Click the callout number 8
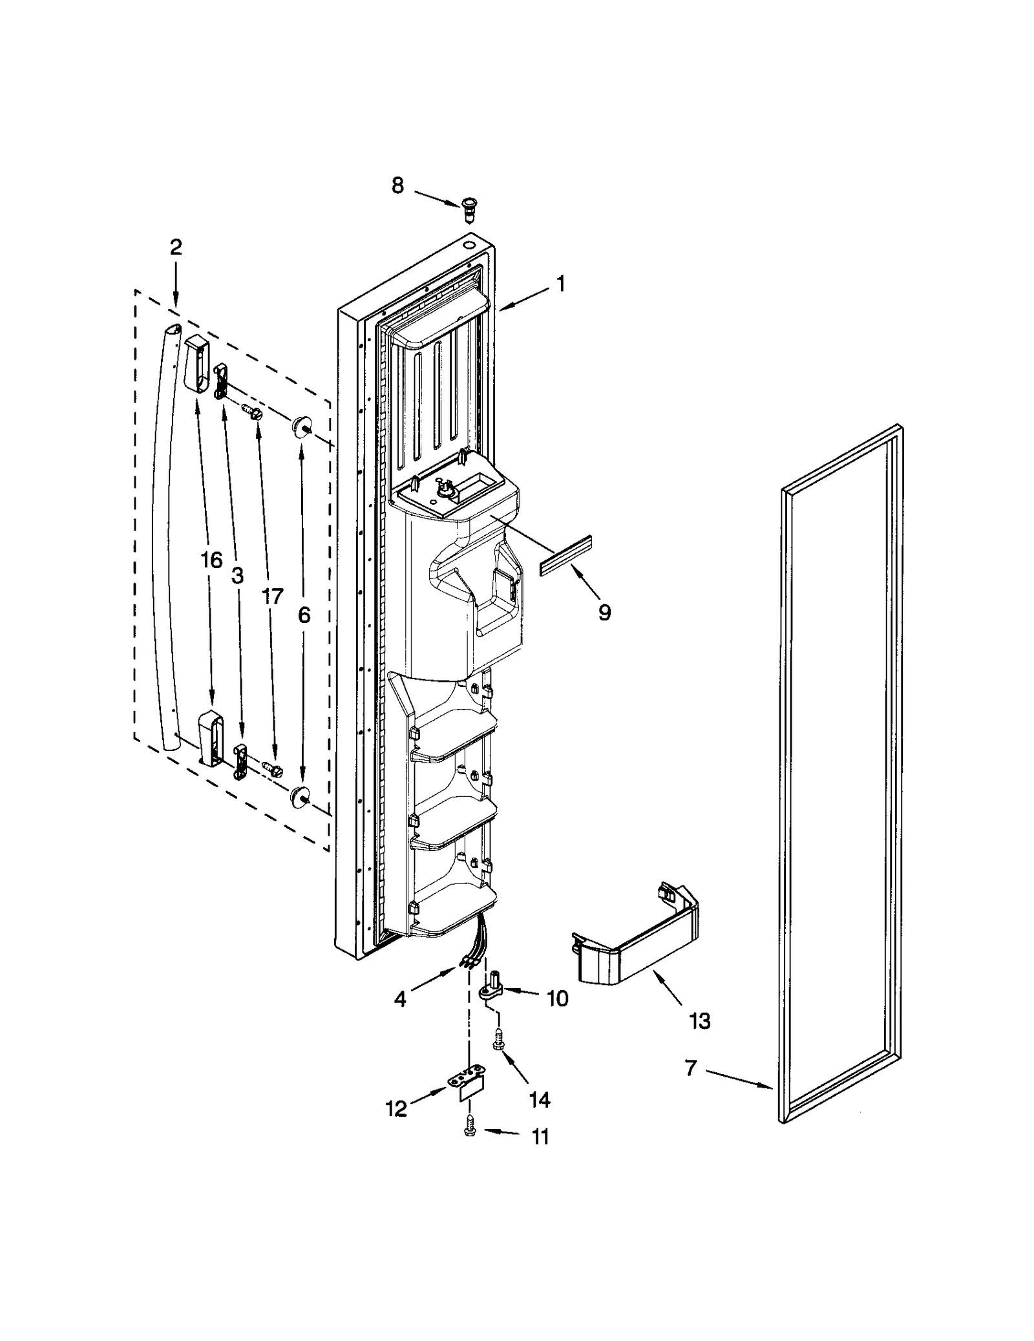click(397, 185)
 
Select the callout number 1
click(561, 284)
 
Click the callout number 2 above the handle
click(176, 247)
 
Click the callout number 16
click(211, 560)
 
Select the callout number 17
click(272, 596)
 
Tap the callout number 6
click(304, 615)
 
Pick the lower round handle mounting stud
click(299, 796)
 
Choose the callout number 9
click(604, 611)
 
